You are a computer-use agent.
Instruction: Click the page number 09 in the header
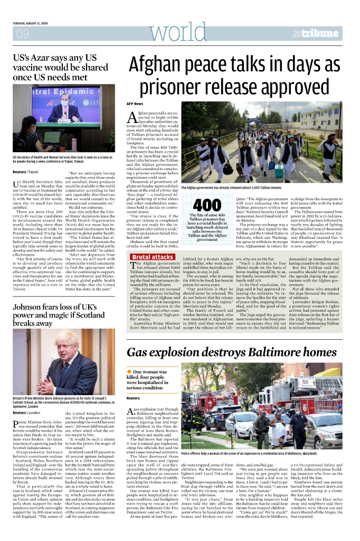click(23, 34)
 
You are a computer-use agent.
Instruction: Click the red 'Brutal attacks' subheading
click(152, 257)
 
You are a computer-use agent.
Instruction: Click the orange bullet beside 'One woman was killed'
click(129, 372)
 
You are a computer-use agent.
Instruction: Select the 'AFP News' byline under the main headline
click(135, 104)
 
